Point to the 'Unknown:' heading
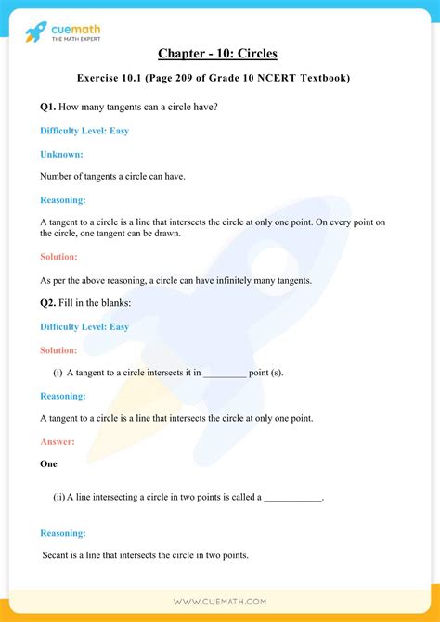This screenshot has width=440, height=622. pyautogui.click(x=61, y=153)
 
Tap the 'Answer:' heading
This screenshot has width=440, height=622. pyautogui.click(x=58, y=441)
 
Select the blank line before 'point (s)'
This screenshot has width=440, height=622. pyautogui.click(x=224, y=373)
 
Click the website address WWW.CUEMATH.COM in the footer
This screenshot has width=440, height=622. pyautogui.click(x=219, y=602)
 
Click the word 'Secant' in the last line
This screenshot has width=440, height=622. pyautogui.click(x=58, y=555)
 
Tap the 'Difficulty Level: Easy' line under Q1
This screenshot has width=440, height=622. pyautogui.click(x=84, y=131)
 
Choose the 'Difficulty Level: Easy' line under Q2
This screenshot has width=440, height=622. pyautogui.click(x=84, y=326)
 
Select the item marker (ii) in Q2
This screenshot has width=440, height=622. pyautogui.click(x=58, y=498)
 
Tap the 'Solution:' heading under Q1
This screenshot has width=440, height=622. pyautogui.click(x=59, y=257)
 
